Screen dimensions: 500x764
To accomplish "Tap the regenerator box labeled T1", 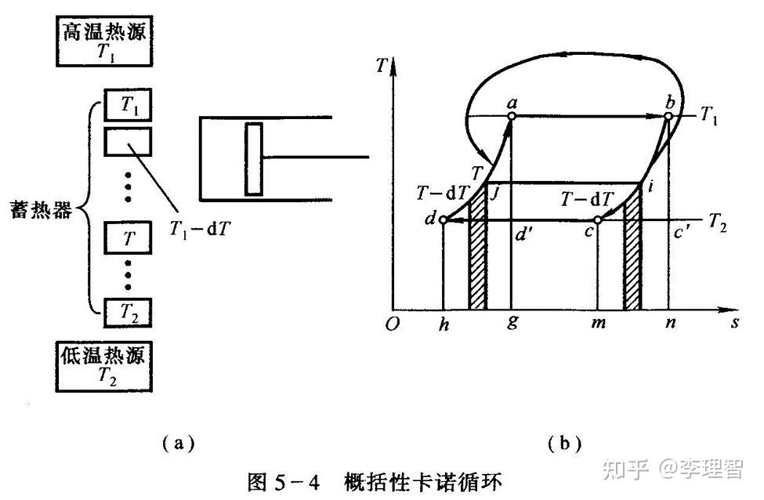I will [127, 105].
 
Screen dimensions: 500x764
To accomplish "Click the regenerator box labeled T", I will [127, 238].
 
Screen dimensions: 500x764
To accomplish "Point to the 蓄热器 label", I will [43, 211].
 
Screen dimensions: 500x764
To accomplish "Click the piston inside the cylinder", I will [253, 158].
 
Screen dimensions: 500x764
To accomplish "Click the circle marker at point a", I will [511, 116].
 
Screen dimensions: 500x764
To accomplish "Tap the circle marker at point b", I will [668, 116].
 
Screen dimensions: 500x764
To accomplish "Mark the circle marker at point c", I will [597, 221].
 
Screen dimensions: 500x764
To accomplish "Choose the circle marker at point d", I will [443, 221].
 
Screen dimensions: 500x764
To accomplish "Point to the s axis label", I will [735, 324].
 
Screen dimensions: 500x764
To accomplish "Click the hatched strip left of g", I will [477, 259].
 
